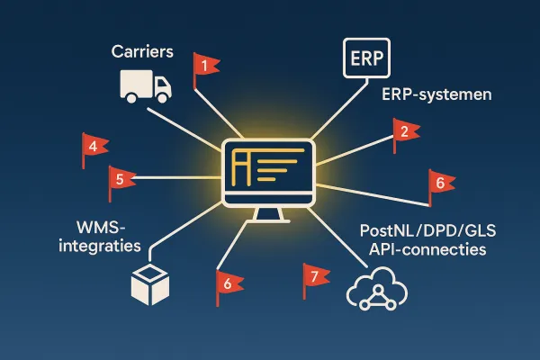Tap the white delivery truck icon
145,85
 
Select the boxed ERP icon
364,59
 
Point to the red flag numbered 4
94,146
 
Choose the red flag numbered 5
121,177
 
